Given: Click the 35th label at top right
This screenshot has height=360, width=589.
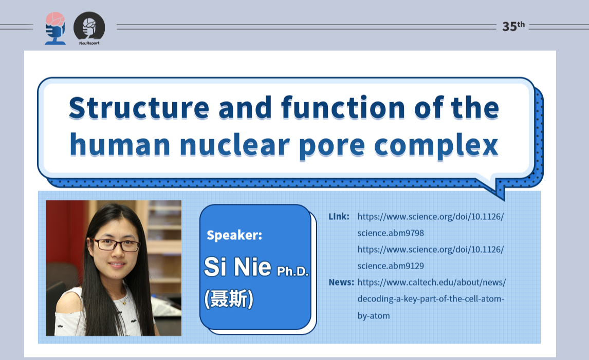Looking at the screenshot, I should pyautogui.click(x=513, y=27).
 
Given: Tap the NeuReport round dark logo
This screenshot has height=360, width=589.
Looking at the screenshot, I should pyautogui.click(x=89, y=28).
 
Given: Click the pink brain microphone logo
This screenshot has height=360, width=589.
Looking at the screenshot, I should pyautogui.click(x=55, y=29).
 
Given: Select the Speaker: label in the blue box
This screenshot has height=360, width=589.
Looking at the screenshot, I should pyautogui.click(x=234, y=236).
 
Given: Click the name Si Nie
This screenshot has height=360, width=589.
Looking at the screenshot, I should pyautogui.click(x=237, y=267).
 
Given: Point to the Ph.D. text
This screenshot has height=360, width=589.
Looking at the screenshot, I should pyautogui.click(x=293, y=271).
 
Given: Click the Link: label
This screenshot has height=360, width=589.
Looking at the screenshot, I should pyautogui.click(x=339, y=216).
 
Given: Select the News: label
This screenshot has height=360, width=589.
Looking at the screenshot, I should pyautogui.click(x=341, y=282).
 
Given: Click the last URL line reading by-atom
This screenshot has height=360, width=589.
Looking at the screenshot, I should pyautogui.click(x=373, y=315).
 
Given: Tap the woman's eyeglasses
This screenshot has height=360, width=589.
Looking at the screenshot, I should pyautogui.click(x=116, y=245).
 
